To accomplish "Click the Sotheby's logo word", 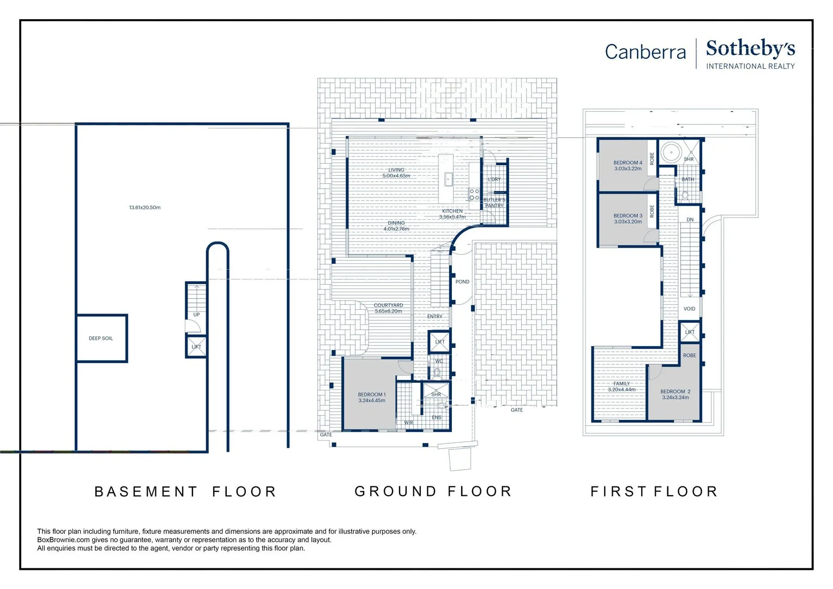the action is point(750,49).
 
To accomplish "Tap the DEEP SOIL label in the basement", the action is point(101,339).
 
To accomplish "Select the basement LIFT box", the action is point(196,347).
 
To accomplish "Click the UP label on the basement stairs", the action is point(196,315).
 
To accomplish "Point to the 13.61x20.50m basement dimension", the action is point(144,208).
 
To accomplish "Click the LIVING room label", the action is point(396,170).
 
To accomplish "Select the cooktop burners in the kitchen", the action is point(474,195).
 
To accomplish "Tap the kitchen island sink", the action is point(449,179).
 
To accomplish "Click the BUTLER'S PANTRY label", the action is point(494,203).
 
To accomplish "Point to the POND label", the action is point(462,282).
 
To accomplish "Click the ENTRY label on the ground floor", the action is point(434,317).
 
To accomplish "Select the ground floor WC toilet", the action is point(437,372).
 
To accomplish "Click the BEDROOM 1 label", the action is point(372,395).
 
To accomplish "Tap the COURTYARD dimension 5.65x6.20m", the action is point(388,311).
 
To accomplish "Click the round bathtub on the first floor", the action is point(671,152).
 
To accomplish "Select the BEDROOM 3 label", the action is point(627,216).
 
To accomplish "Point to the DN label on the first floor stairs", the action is point(690,220).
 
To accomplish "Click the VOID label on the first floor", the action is point(689,309).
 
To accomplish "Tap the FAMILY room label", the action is point(622,383).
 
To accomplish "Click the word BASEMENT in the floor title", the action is point(146,491).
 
